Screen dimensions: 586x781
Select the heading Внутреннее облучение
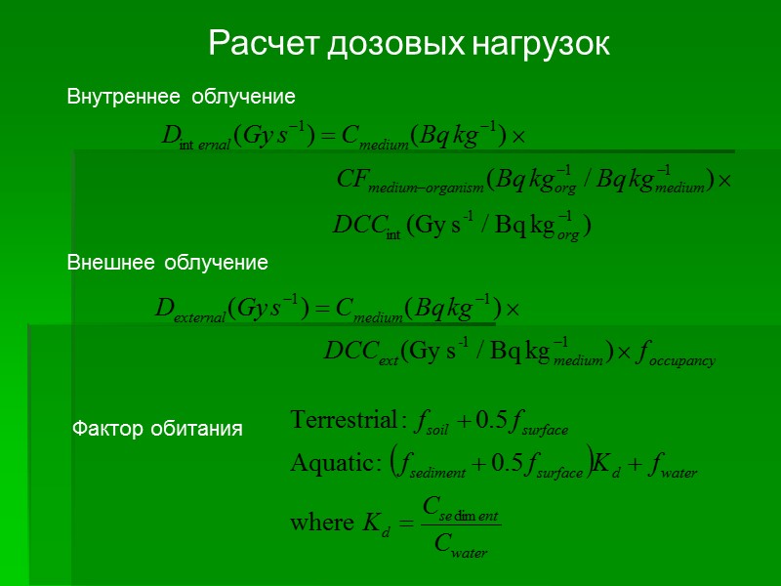click(x=181, y=97)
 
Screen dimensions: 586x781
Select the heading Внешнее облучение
click(x=167, y=263)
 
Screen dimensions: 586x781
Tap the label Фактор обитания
click(x=158, y=429)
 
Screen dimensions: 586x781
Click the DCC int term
click(x=367, y=226)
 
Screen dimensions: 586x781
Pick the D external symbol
click(x=190, y=310)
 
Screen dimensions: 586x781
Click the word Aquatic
click(x=330, y=464)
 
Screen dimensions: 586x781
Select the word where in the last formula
click(x=320, y=523)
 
